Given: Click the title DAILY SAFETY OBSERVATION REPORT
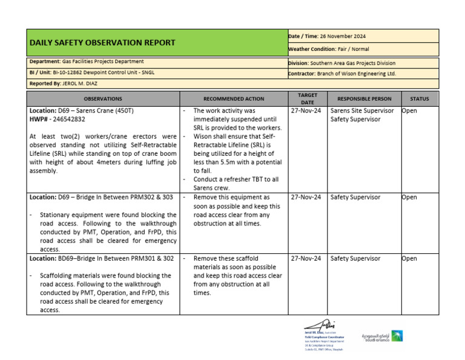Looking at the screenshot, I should (102, 43).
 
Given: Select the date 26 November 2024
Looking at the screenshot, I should (344, 36).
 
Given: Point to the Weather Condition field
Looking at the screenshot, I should (329, 49).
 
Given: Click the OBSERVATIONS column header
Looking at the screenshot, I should (103, 99).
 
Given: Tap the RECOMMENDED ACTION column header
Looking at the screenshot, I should (234, 99).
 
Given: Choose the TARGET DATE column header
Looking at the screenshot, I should (308, 99).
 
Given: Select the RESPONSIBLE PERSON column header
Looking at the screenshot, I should (364, 99).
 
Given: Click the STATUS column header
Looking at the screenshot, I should (419, 99).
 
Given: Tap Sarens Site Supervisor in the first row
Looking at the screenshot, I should (361, 111).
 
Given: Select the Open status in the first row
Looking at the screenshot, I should (409, 111).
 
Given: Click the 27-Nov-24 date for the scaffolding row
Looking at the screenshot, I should (306, 259).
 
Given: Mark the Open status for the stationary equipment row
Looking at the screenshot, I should (409, 198).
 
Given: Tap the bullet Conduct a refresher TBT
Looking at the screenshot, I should (236, 179).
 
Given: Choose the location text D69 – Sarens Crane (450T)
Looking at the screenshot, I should (90, 111).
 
